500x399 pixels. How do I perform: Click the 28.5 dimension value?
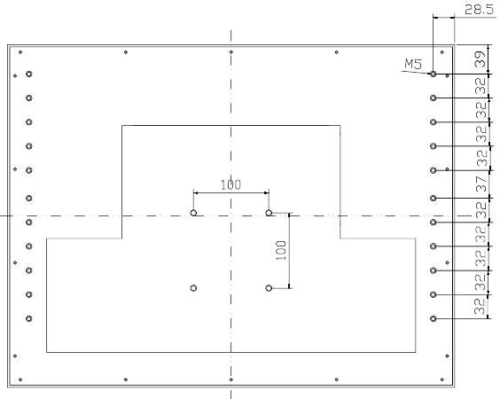coord(479,10)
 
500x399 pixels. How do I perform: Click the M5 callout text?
coord(413,64)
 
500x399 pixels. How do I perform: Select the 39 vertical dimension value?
coord(480,59)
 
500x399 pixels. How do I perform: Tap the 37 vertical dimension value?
coord(481,184)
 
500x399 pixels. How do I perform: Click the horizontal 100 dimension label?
coord(230,184)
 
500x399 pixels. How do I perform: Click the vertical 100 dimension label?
coord(281,250)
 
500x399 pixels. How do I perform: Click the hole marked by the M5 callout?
coord(433,74)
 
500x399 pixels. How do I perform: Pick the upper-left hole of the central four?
coord(193,213)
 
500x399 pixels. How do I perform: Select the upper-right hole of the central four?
coord(269,213)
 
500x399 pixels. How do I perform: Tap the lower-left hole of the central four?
coord(193,288)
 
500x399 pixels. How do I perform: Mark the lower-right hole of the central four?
coord(269,288)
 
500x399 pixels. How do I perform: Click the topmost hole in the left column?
coord(29,74)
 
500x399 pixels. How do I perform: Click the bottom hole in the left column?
coord(29,318)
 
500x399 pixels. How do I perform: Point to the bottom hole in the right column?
coord(433,318)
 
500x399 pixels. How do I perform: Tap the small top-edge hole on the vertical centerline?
coord(231,52)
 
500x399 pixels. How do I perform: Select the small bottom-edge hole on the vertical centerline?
coord(231,379)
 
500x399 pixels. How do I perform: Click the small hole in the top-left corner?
coord(20,52)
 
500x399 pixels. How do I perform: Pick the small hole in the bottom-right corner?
coord(442,379)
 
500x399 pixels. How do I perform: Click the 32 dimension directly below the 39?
coord(481,86)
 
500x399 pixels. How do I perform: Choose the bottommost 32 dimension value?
coord(480,307)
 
